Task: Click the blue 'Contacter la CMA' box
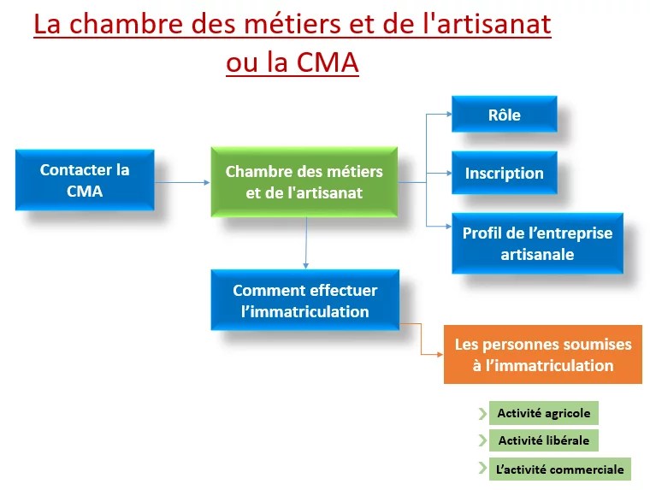[x=85, y=180]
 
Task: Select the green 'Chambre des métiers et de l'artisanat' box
[x=304, y=182]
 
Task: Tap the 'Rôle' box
[x=504, y=115]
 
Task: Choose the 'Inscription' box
[x=504, y=173]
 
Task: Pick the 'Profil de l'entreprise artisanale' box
[x=537, y=243]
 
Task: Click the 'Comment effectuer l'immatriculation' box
[x=304, y=300]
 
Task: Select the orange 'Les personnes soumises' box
[x=542, y=354]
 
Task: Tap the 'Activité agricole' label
[x=543, y=413]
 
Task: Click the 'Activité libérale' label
[x=543, y=441]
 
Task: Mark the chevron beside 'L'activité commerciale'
[x=482, y=469]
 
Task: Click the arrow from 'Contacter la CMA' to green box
[x=182, y=181]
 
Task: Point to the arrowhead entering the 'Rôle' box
[x=445, y=115]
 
